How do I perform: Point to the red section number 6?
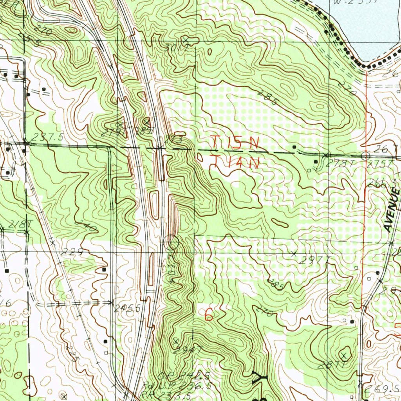click(209, 314)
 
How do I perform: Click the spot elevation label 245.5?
click(127, 309)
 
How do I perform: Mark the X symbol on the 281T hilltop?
click(344, 356)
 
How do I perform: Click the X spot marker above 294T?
click(176, 341)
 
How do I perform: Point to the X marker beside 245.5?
click(111, 303)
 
